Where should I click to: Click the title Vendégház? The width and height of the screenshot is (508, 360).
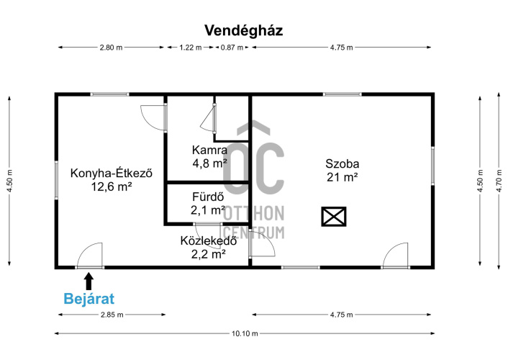coord(244,31)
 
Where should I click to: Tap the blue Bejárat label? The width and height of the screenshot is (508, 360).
coord(89,299)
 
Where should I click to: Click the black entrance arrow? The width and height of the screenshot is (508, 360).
coord(89,282)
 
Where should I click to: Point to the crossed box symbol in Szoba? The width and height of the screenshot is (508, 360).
coord(334,216)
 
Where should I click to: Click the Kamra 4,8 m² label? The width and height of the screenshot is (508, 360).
coord(209,157)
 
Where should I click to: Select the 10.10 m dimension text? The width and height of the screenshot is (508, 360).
coord(245,333)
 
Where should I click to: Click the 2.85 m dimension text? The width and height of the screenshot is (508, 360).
coord(112,315)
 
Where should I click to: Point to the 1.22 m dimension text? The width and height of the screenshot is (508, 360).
coord(191,48)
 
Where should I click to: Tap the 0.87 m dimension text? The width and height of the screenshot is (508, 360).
coord(232,48)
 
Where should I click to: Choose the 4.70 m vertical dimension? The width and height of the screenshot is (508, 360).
coord(499,181)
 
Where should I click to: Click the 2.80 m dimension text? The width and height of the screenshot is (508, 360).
coord(111,48)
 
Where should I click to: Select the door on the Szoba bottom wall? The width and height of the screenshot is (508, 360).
coord(395,256)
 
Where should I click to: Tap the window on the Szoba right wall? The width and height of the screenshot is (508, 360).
coord(432,166)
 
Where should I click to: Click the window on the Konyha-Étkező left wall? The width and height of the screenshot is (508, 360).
coord(56,180)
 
